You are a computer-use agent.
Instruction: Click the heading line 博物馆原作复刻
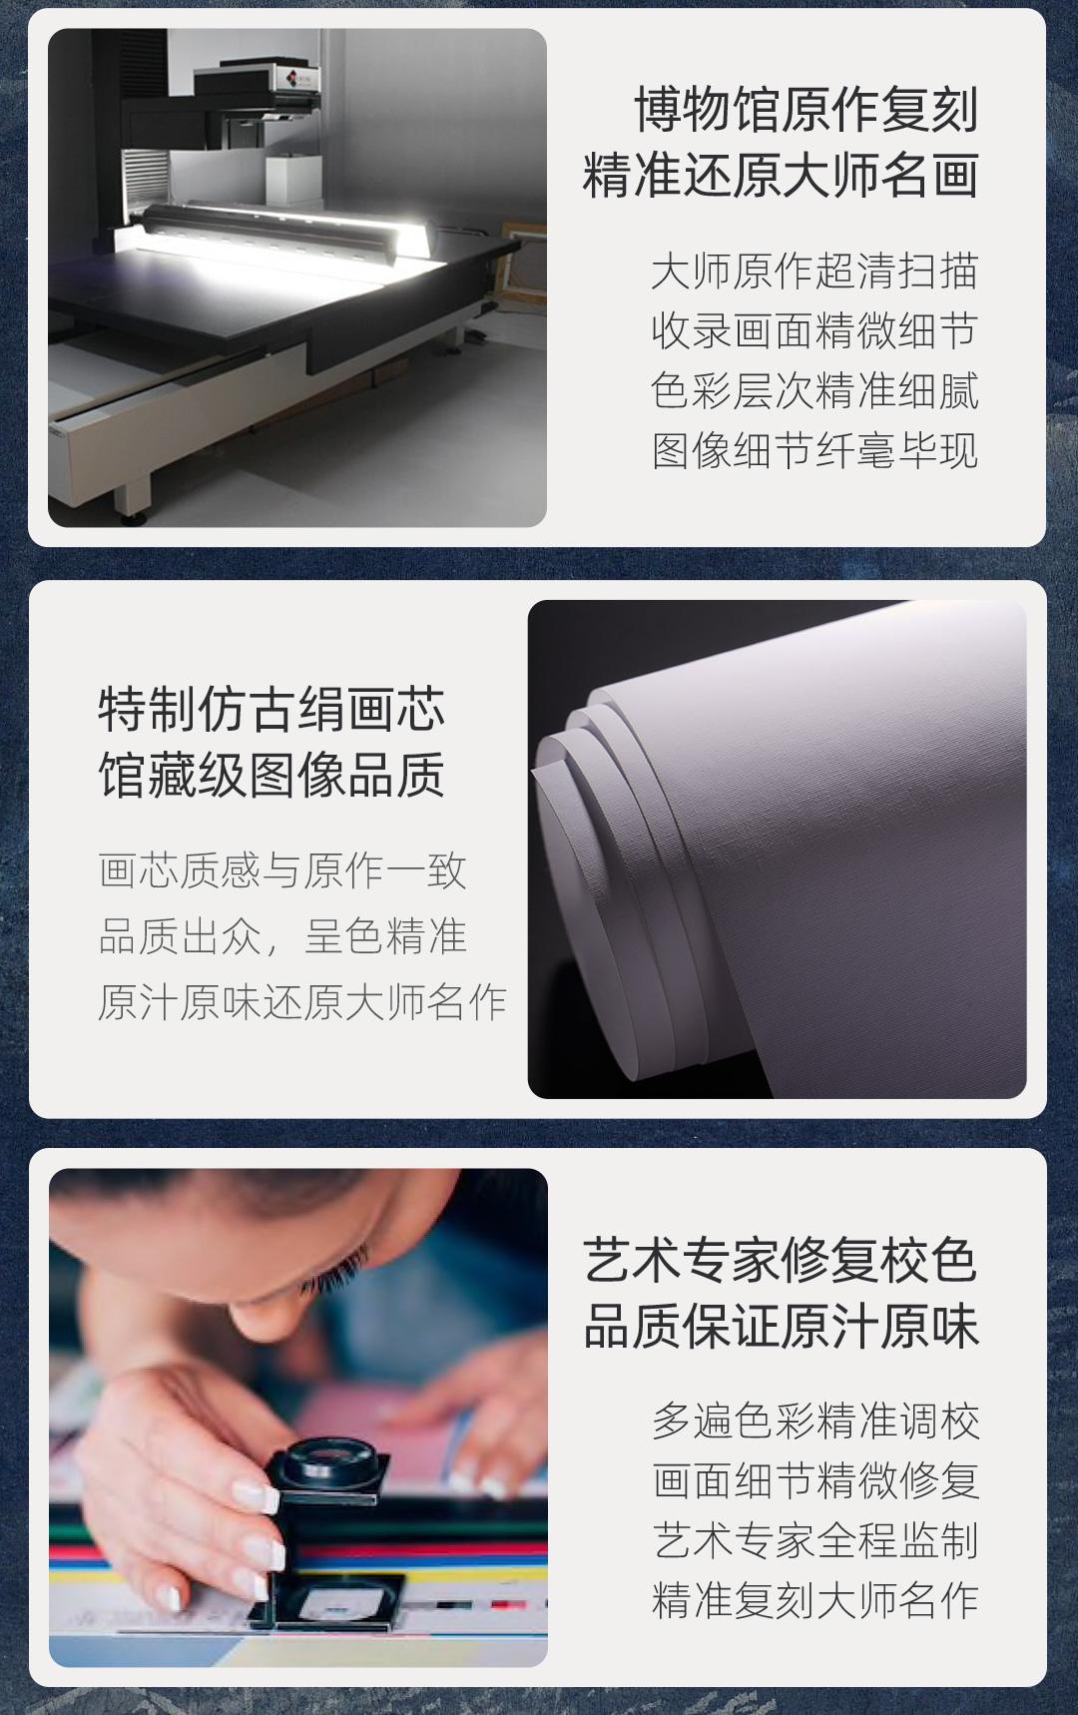(806, 110)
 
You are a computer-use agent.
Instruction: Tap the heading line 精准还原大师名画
(781, 176)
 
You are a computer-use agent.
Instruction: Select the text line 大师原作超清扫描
(813, 272)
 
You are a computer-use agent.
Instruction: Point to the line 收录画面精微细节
(813, 331)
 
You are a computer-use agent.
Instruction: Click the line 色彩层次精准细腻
(813, 391)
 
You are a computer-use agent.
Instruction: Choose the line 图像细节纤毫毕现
(813, 451)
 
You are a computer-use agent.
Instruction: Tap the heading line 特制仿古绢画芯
(271, 710)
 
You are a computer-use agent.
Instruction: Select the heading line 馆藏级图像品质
(271, 776)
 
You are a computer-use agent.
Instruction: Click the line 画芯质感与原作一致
(282, 871)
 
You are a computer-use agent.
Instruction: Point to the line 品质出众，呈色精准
(282, 936)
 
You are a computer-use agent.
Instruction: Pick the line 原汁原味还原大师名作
(302, 1002)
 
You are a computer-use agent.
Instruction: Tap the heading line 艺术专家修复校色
(781, 1261)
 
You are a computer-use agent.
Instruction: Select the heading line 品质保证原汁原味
(781, 1327)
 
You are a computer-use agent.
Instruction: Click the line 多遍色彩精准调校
(815, 1421)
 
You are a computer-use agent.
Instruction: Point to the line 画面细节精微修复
(815, 1480)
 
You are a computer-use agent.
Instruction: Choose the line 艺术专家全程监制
(815, 1540)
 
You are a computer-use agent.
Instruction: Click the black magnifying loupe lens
(326, 1463)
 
